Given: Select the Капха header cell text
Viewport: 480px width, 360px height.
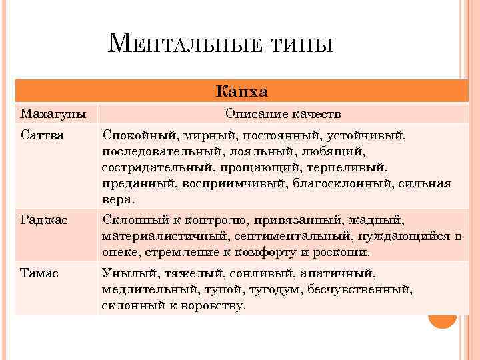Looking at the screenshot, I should (242, 91).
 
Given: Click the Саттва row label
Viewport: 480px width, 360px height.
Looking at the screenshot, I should (42, 135).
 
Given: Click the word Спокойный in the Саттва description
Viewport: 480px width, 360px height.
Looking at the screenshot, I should (136, 135).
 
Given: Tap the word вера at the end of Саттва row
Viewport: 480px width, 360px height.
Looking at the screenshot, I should (116, 199).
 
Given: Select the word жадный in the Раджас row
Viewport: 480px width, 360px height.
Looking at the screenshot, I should (382, 220).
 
